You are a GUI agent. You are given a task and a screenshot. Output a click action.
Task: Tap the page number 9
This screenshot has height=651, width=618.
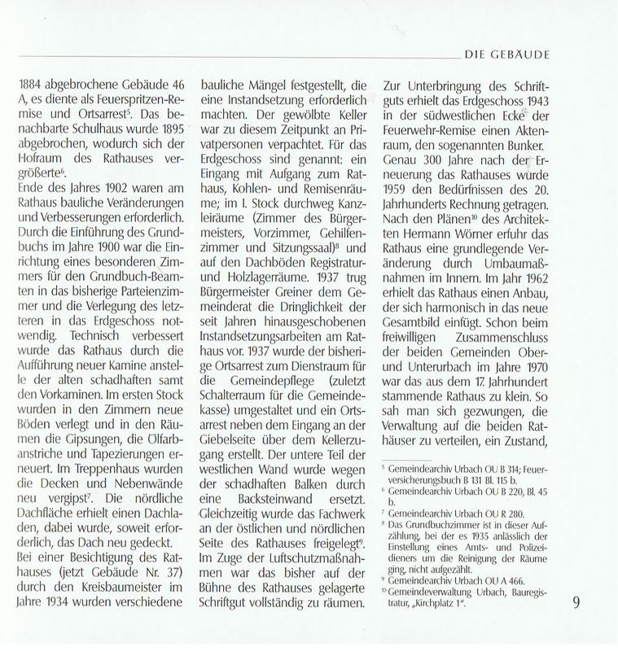(x=575, y=604)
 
